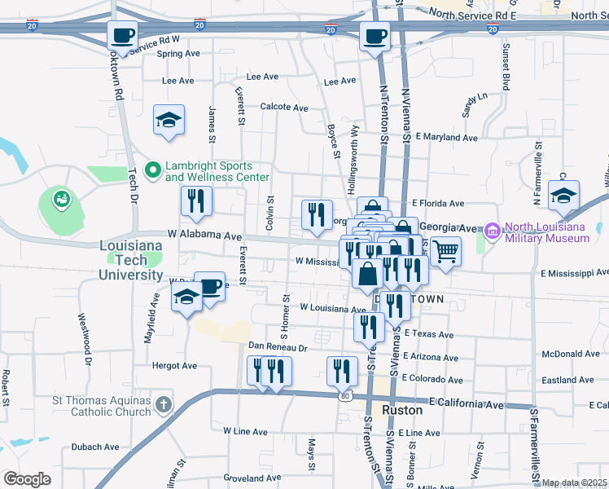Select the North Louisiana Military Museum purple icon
tap(492, 232)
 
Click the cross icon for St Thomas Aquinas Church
tap(164, 404)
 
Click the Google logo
tap(27, 479)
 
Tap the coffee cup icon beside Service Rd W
tap(122, 37)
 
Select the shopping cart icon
tap(445, 251)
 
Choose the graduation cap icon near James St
tap(169, 121)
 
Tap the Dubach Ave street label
tap(96, 447)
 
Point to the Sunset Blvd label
tap(506, 67)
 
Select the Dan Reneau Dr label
tap(278, 347)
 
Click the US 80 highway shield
tap(344, 395)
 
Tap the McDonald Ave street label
tap(571, 355)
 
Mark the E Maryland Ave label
tap(446, 138)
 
